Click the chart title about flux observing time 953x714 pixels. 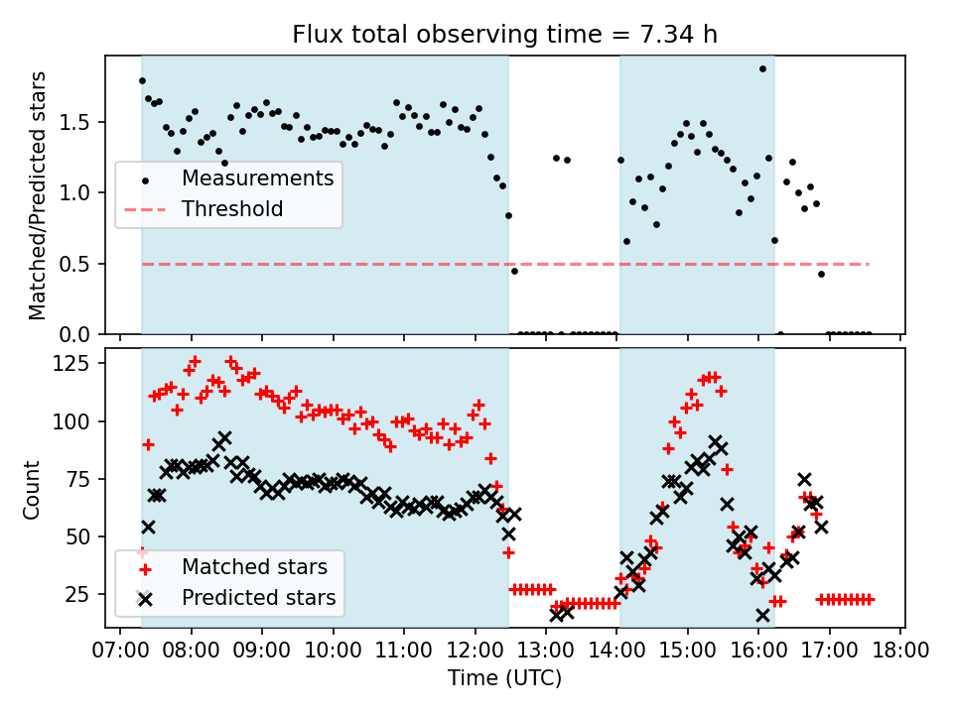[x=504, y=36]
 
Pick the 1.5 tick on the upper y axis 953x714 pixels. [x=85, y=123]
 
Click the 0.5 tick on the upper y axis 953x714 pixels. [x=85, y=265]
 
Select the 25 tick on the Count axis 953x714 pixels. [x=85, y=595]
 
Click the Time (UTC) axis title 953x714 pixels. [x=504, y=679]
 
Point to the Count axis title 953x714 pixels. [x=33, y=489]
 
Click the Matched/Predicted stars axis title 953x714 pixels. [x=38, y=195]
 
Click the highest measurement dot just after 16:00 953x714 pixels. [x=762, y=69]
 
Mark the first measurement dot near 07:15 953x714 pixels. [x=142, y=81]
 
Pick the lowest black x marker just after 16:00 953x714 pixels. [x=762, y=616]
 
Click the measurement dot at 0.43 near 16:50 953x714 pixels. [x=821, y=274]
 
